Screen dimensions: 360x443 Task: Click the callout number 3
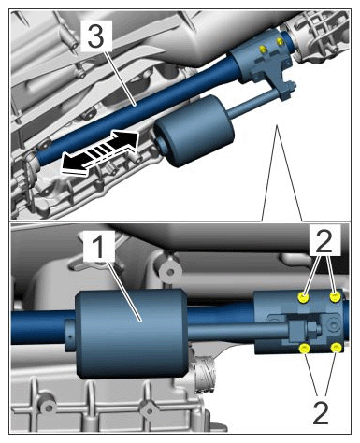pyautogui.click(x=95, y=36)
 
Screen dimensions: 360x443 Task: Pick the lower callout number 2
pyautogui.click(x=321, y=413)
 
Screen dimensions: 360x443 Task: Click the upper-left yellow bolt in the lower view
pyautogui.click(x=303, y=297)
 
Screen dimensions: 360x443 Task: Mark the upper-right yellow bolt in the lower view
pyautogui.click(x=335, y=297)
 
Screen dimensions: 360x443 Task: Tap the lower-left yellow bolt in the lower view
pyautogui.click(x=304, y=349)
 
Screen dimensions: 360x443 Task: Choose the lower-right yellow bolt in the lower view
pyautogui.click(x=336, y=348)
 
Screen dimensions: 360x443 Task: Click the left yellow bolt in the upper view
pyautogui.click(x=263, y=49)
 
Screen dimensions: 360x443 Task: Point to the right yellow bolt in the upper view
pyautogui.click(x=281, y=41)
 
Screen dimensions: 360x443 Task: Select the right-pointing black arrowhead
pyautogui.click(x=127, y=139)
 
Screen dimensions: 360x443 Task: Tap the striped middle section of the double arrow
pyautogui.click(x=99, y=150)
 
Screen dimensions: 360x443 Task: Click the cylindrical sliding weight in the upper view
pyautogui.click(x=194, y=131)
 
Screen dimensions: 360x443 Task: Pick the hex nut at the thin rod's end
pyautogui.click(x=311, y=327)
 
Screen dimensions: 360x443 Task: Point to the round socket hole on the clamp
pyautogui.click(x=334, y=326)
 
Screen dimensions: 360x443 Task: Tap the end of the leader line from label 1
pyautogui.click(x=140, y=320)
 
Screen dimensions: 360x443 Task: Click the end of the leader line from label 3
pyautogui.click(x=135, y=105)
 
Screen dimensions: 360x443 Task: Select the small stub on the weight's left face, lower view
pyautogui.click(x=71, y=335)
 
